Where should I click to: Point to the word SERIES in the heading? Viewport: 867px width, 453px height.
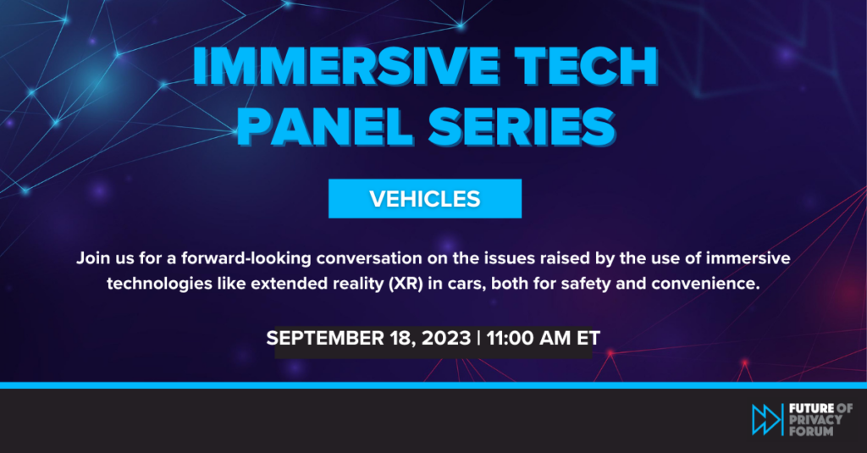coord(522,127)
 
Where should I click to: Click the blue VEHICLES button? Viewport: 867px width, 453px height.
coord(425,199)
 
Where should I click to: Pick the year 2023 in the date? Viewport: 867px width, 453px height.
coord(446,338)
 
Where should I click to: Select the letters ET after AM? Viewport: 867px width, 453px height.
coord(588,338)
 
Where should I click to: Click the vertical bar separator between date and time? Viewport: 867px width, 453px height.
coord(479,338)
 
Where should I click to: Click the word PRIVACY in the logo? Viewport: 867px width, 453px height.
coord(815,419)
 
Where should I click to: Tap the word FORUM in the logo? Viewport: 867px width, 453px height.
coord(811,430)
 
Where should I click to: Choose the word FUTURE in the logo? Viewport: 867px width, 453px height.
coord(812,408)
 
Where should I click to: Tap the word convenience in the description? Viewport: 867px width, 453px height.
coord(705,284)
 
